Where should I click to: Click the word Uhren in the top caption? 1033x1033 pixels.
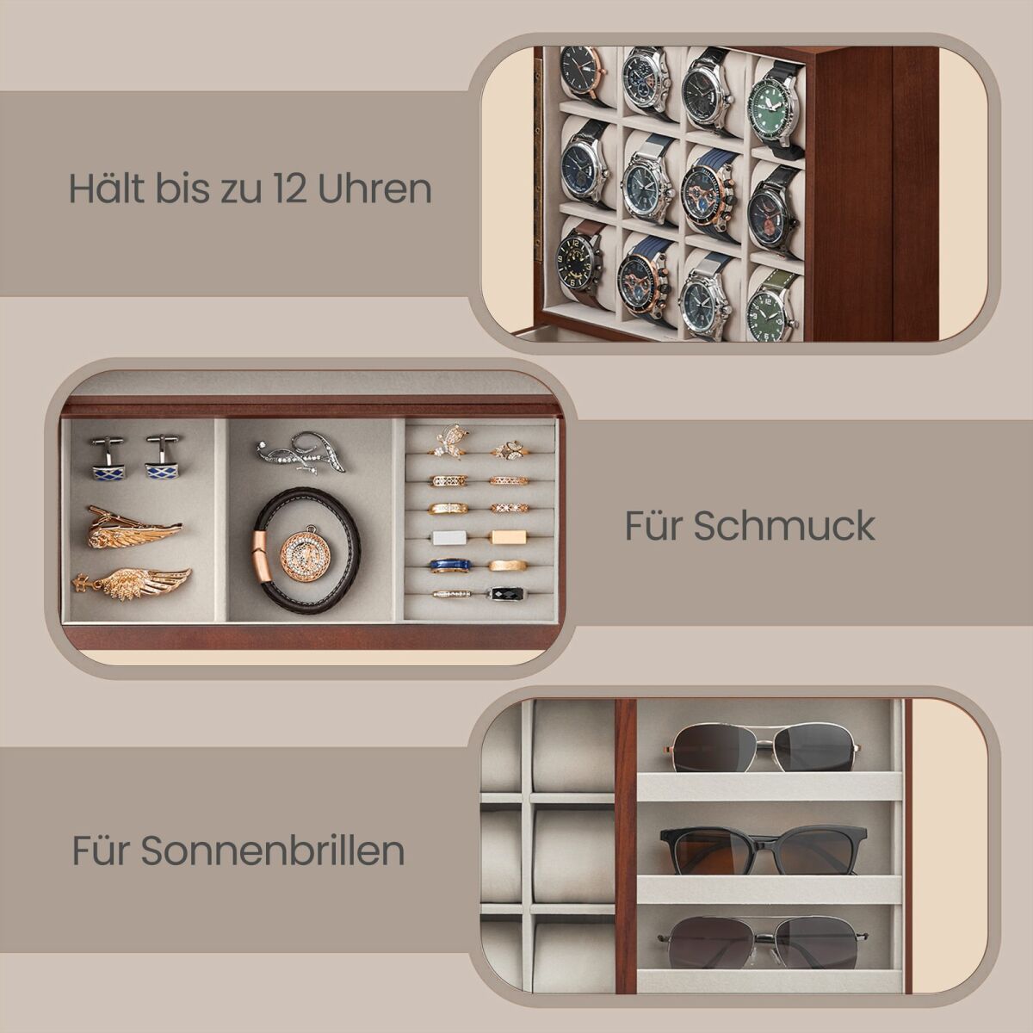(374, 189)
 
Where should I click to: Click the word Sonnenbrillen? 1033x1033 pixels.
(273, 851)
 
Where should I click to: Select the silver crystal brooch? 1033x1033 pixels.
(300, 454)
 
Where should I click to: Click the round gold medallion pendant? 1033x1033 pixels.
(302, 552)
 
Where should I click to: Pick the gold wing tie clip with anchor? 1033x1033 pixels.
(132, 584)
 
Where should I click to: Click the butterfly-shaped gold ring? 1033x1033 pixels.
(449, 442)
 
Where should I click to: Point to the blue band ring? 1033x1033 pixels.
(450, 566)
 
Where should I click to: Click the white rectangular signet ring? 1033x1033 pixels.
(450, 537)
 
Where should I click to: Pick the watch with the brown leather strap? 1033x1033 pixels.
(579, 266)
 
